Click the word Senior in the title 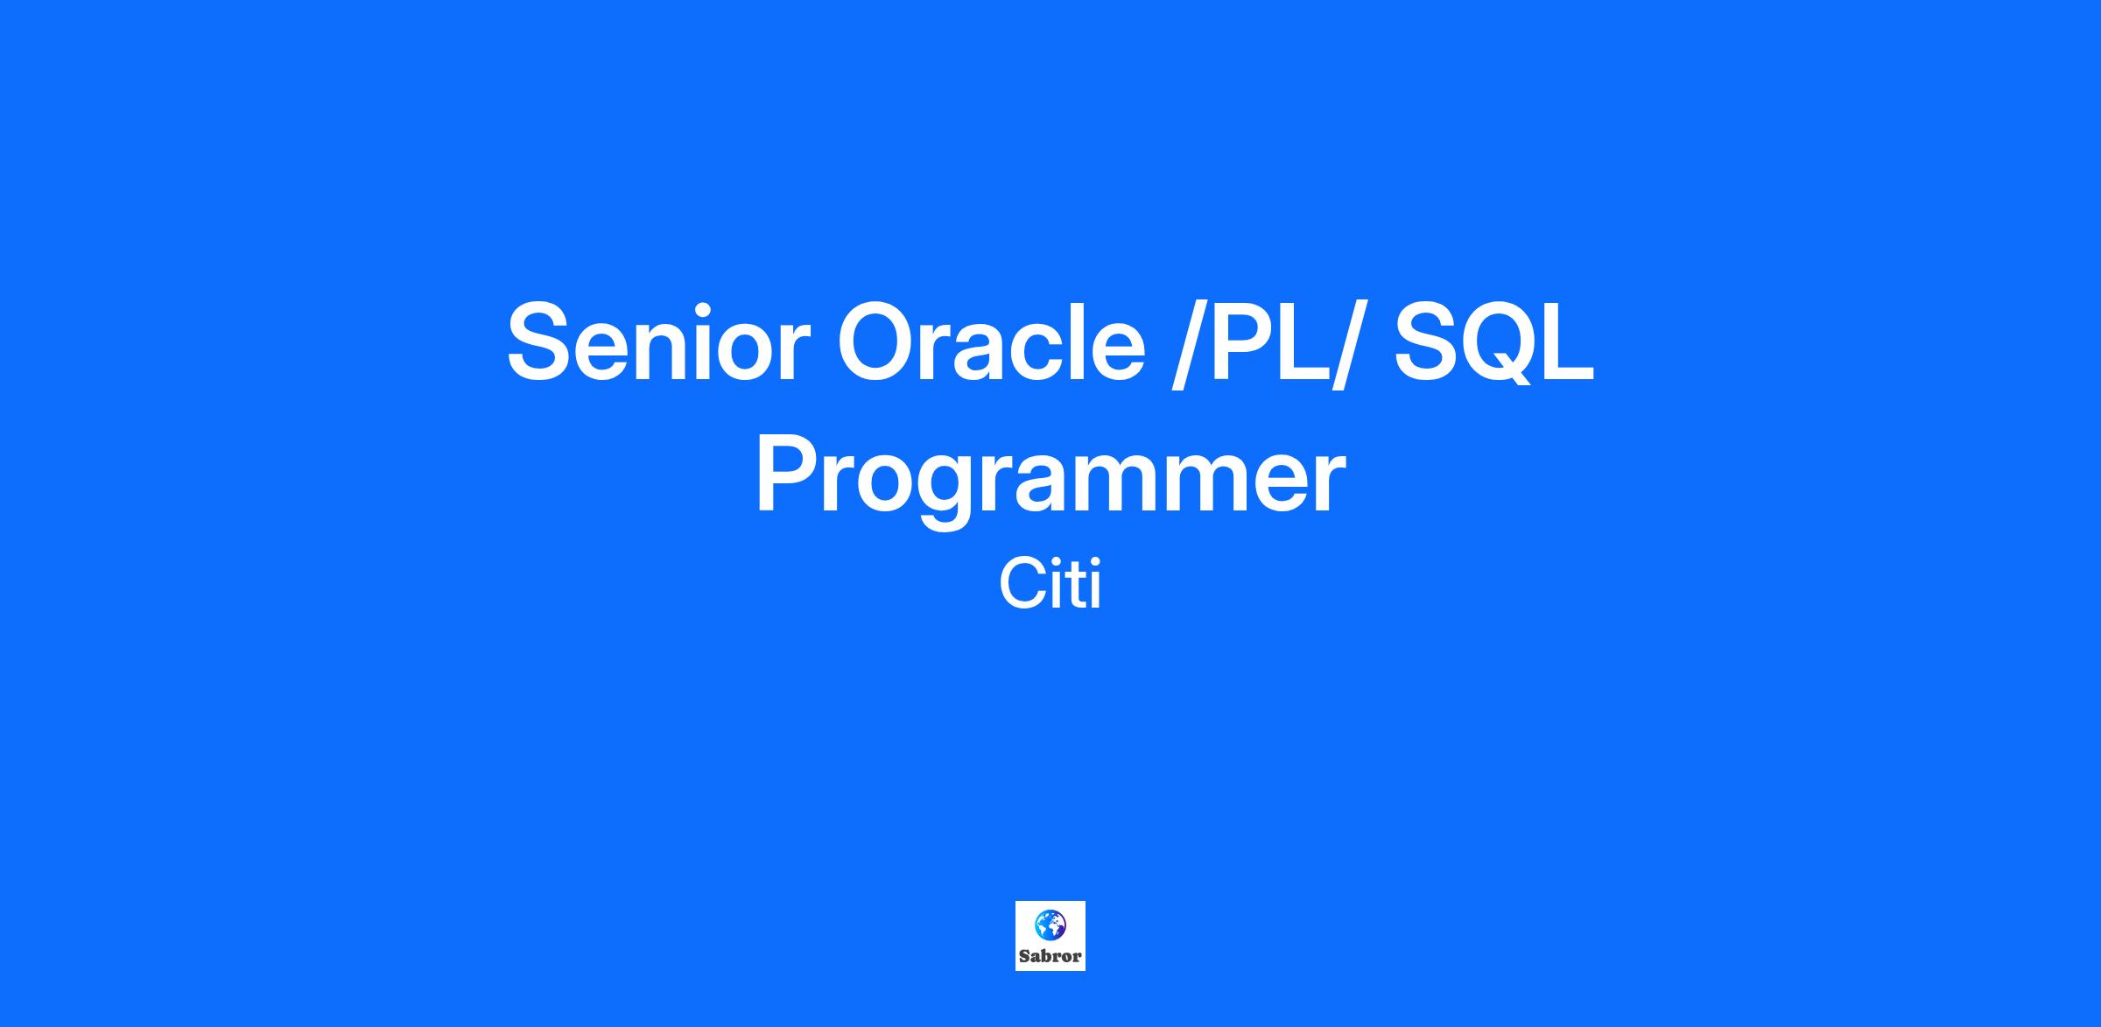[x=654, y=341]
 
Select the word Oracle [x=991, y=341]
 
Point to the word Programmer [x=1050, y=478]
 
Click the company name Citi [x=1050, y=585]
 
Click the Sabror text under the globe [x=1050, y=956]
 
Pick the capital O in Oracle [x=878, y=341]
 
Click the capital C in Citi [x=1022, y=585]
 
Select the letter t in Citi [x=1076, y=587]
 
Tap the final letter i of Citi [x=1095, y=585]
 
